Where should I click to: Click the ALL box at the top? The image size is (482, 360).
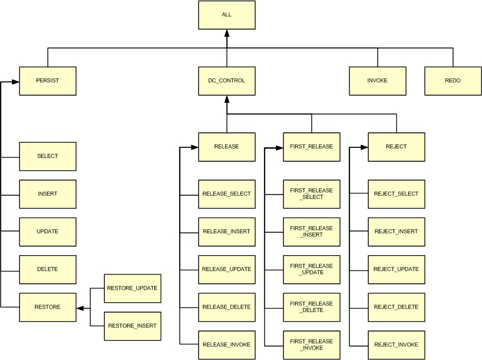pyautogui.click(x=227, y=15)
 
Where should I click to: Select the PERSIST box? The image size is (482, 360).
pyautogui.click(x=47, y=81)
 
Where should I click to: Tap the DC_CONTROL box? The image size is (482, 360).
pyautogui.click(x=227, y=81)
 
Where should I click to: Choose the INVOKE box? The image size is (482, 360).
pyautogui.click(x=377, y=81)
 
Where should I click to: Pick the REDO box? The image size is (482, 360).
pyautogui.click(x=453, y=81)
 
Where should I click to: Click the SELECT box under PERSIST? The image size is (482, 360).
pyautogui.click(x=47, y=156)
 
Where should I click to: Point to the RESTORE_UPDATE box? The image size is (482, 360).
pyautogui.click(x=132, y=288)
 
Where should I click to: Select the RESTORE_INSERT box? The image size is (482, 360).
pyautogui.click(x=132, y=326)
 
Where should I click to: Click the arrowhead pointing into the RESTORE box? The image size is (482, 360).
pyautogui.click(x=80, y=308)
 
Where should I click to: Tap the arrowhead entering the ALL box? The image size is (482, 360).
pyautogui.click(x=227, y=33)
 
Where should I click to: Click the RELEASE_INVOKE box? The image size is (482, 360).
pyautogui.click(x=227, y=345)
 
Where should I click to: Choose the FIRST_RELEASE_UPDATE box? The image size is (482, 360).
pyautogui.click(x=311, y=269)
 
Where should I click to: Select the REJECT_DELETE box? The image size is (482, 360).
pyautogui.click(x=396, y=307)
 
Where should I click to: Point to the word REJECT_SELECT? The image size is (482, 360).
pyautogui.click(x=396, y=194)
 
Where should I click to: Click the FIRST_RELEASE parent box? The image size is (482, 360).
pyautogui.click(x=311, y=147)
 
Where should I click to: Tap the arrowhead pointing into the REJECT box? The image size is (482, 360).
pyautogui.click(x=364, y=147)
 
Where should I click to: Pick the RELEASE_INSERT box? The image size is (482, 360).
pyautogui.click(x=227, y=232)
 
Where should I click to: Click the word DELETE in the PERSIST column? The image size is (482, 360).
pyautogui.click(x=47, y=269)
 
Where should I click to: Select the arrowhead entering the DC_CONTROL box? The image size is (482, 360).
pyautogui.click(x=227, y=99)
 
